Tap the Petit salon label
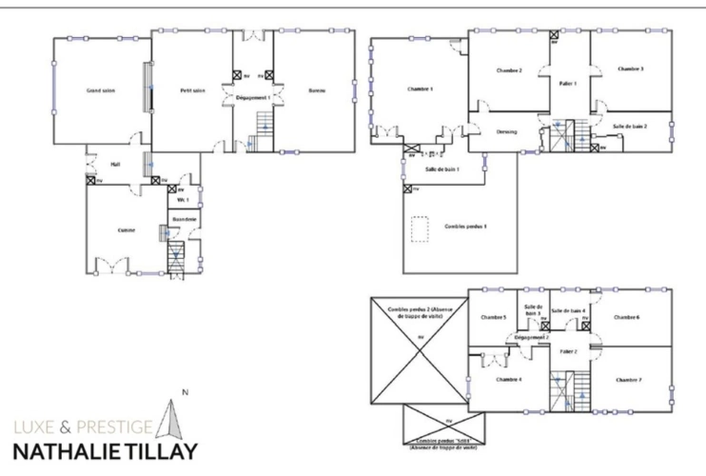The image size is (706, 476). click(x=193, y=90)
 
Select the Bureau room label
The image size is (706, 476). click(x=317, y=90)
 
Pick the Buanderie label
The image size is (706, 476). click(x=184, y=220)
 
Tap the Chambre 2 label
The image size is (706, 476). click(x=509, y=70)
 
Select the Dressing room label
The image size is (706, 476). click(x=505, y=131)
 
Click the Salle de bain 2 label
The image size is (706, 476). click(x=630, y=126)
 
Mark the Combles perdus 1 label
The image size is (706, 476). click(x=465, y=226)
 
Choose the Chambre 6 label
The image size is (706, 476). click(x=625, y=316)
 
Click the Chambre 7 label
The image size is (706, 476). click(x=628, y=379)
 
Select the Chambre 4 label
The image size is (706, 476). click(x=507, y=379)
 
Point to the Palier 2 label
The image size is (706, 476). click(x=569, y=351)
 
